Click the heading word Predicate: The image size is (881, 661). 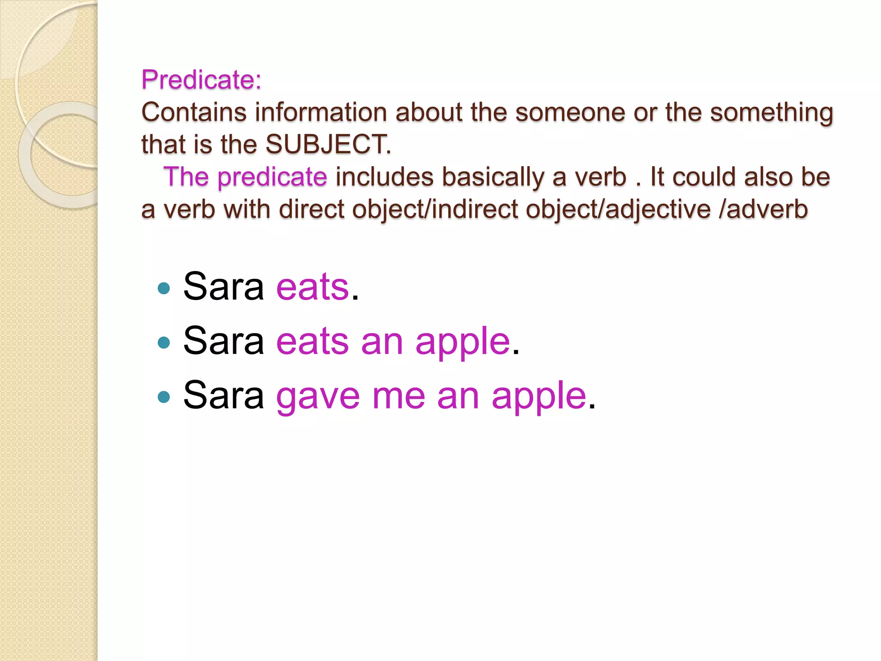click(x=201, y=80)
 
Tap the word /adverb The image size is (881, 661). click(x=763, y=210)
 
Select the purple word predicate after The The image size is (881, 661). click(x=272, y=177)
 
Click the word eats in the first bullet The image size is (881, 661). click(x=312, y=287)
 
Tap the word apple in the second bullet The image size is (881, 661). click(x=462, y=342)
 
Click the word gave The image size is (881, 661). click(x=318, y=396)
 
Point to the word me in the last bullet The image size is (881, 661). click(x=398, y=396)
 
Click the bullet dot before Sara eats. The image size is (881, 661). click(x=164, y=288)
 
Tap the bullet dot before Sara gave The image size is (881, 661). click(x=164, y=397)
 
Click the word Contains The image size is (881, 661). click(x=194, y=112)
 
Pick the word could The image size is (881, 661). click(x=704, y=177)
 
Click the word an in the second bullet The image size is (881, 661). click(x=382, y=342)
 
